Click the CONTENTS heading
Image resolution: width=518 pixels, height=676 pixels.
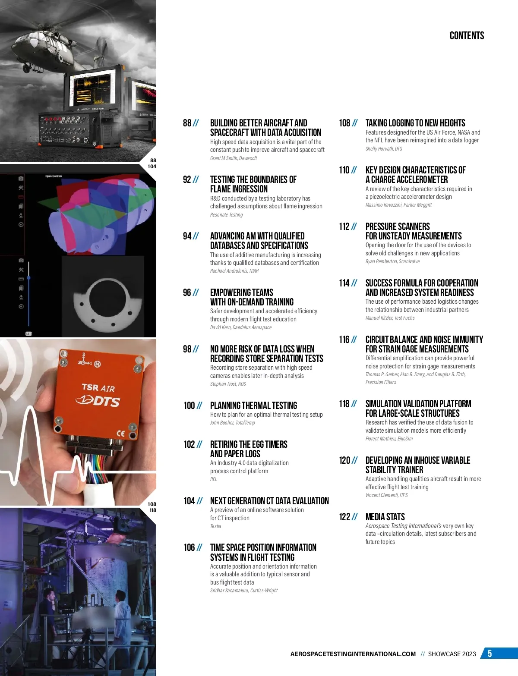(x=467, y=36)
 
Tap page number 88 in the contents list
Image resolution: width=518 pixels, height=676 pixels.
(x=187, y=123)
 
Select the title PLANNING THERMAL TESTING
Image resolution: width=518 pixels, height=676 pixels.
(x=253, y=406)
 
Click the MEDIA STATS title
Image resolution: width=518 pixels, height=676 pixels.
(x=385, y=517)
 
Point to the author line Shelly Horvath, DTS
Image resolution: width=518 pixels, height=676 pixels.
(x=383, y=149)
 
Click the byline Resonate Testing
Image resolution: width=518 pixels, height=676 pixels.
(x=226, y=215)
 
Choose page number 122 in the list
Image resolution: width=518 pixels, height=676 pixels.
(x=344, y=517)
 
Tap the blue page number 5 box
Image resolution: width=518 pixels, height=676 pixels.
(x=499, y=653)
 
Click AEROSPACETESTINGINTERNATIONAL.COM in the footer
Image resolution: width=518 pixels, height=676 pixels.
(x=353, y=654)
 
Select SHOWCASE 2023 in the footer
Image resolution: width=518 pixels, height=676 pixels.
(x=452, y=654)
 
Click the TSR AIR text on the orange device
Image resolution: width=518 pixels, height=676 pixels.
(x=98, y=388)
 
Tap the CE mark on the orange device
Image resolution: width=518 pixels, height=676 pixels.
(x=120, y=433)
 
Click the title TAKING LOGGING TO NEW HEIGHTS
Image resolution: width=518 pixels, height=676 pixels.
(x=415, y=123)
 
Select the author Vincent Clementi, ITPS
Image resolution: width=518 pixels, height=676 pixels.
(x=386, y=495)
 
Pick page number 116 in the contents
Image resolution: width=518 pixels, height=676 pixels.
(x=344, y=340)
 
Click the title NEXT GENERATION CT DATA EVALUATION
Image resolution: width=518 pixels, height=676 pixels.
(x=269, y=501)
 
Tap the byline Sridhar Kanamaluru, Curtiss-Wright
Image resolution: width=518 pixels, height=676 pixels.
(x=244, y=591)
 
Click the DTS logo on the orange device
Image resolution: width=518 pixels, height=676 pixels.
(x=98, y=401)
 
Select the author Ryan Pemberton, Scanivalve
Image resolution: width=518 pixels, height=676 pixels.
(x=392, y=261)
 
